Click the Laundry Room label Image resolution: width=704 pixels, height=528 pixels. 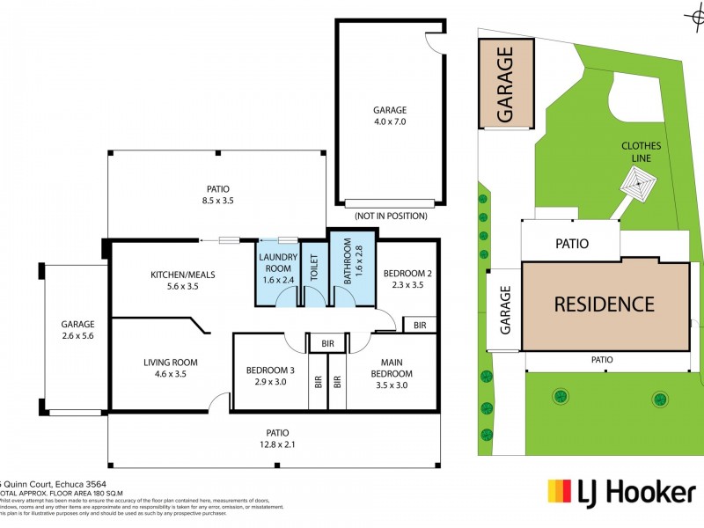click(278, 261)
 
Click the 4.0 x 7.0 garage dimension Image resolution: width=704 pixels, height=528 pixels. click(390, 121)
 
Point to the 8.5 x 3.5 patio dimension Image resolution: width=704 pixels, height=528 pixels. click(218, 201)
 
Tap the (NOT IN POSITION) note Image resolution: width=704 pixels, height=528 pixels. click(390, 216)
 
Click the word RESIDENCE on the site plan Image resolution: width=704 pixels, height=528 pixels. click(604, 304)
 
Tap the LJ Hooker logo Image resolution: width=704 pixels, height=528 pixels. click(621, 492)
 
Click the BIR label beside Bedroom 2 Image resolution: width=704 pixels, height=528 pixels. click(420, 326)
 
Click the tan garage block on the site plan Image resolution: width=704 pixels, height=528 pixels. click(505, 84)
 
